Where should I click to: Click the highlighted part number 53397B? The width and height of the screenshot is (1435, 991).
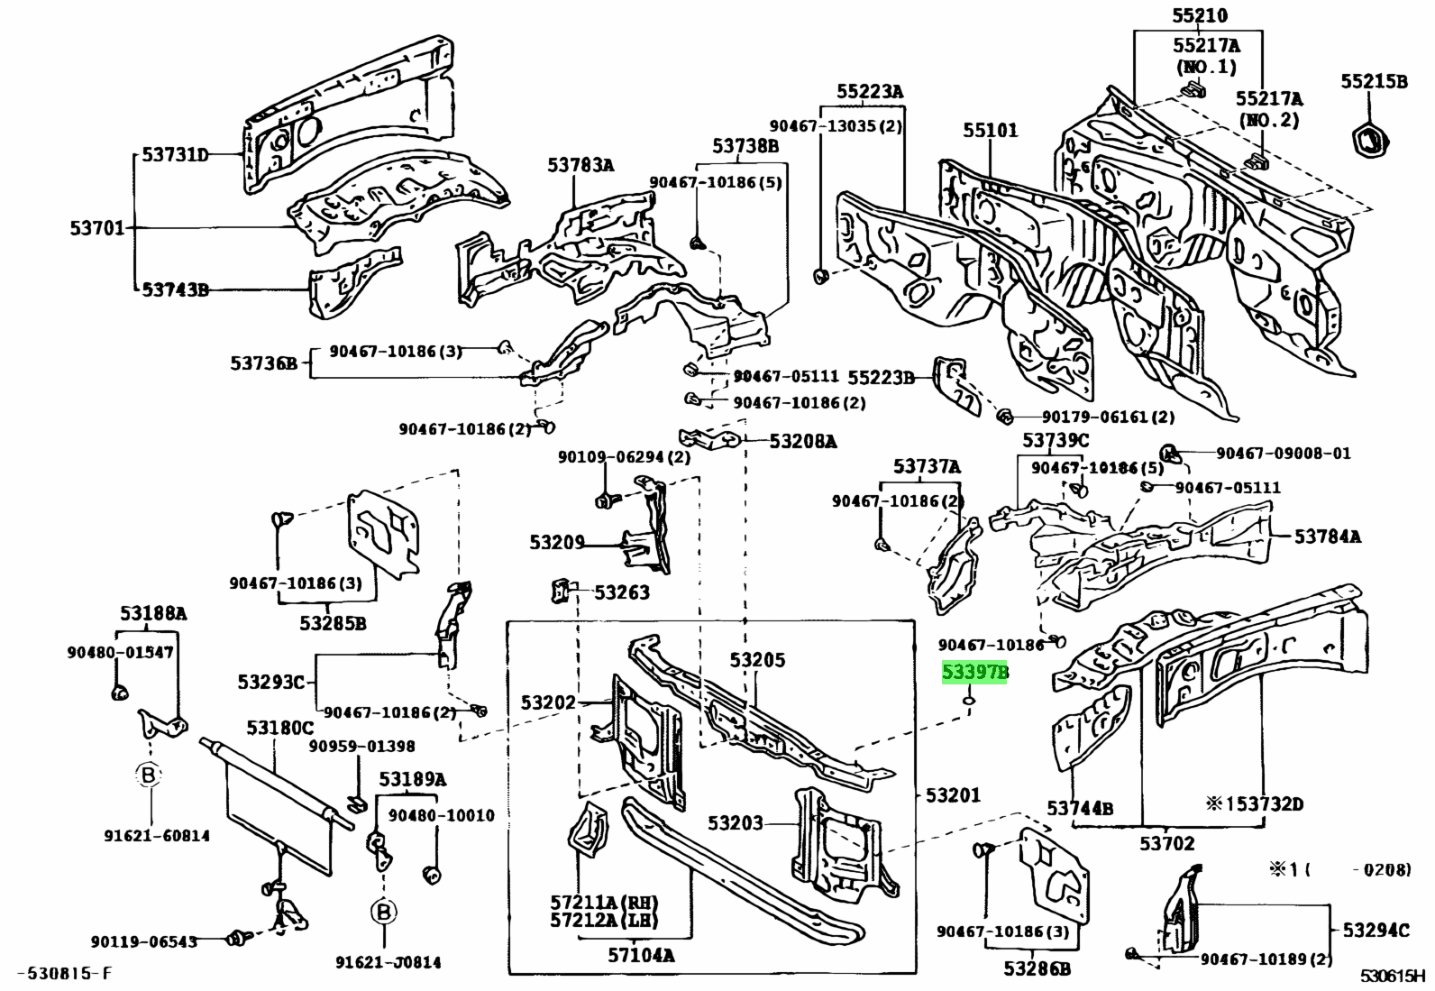[974, 673]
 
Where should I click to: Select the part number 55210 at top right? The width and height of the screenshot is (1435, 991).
[1199, 15]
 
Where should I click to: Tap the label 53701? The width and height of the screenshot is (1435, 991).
[97, 228]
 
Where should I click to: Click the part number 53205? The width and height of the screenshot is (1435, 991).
[757, 661]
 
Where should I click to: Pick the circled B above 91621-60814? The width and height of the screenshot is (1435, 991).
[148, 775]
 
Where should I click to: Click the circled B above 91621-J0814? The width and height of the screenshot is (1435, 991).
[383, 912]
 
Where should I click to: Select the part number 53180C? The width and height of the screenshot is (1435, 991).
[280, 728]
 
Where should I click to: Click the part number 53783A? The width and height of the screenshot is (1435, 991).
[580, 164]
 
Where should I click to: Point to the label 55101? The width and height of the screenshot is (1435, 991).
[990, 130]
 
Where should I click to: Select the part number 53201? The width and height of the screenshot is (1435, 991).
[953, 795]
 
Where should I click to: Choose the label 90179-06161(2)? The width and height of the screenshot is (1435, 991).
[1108, 418]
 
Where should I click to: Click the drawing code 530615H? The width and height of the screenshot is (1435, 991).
[1395, 976]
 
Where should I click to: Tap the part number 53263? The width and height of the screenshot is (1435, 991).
[622, 592]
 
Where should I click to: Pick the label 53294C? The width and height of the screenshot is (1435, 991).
[1376, 930]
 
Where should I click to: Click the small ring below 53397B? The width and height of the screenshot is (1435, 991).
[969, 698]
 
